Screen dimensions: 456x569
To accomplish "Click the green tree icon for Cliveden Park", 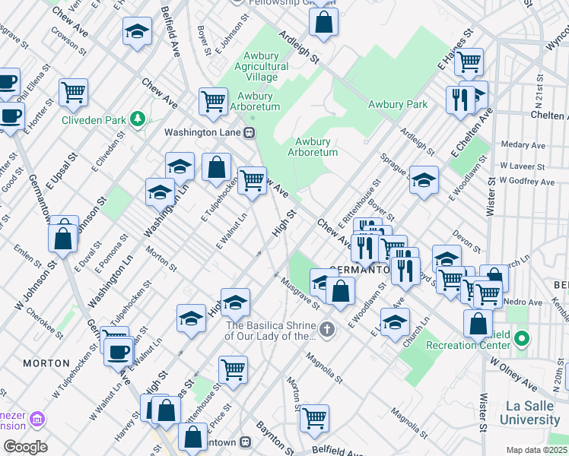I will [x=137, y=119].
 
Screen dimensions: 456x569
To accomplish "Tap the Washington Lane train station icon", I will [x=249, y=131].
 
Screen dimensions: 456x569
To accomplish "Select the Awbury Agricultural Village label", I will [x=265, y=66].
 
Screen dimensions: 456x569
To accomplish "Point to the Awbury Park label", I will [x=397, y=104].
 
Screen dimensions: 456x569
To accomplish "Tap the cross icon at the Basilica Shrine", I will [x=327, y=329].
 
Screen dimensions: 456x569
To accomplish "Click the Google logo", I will [x=25, y=446].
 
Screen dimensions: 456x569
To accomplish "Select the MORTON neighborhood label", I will [x=46, y=363].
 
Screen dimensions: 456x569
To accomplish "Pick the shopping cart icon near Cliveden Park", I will [x=74, y=92].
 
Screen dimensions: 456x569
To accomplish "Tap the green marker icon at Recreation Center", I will [x=522, y=337].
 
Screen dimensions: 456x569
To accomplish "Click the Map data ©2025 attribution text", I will [x=537, y=450].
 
